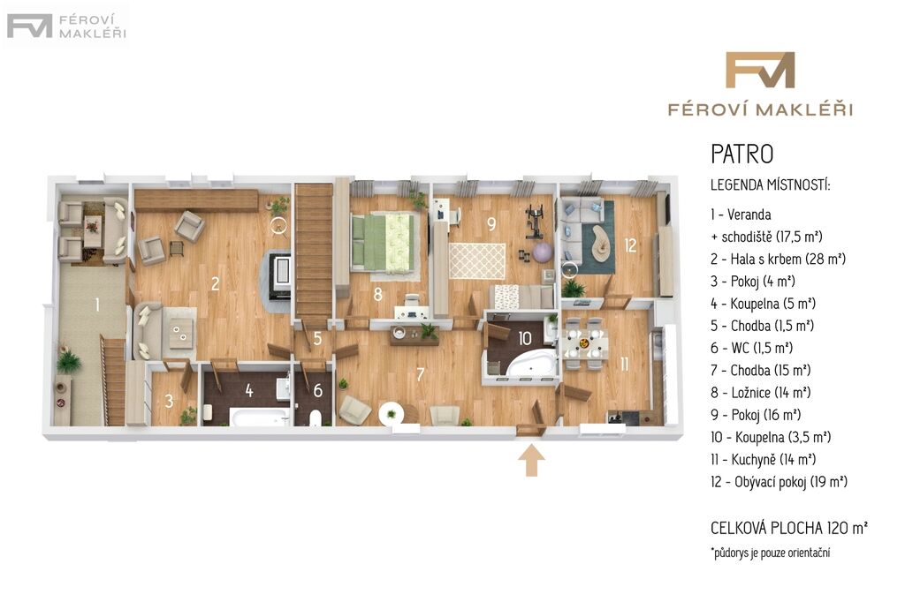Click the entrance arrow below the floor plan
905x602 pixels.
pos(531,462)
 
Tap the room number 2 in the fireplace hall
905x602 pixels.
pos(216,283)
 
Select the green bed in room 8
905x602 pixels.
pos(384,242)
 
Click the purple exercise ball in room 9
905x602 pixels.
pos(542,252)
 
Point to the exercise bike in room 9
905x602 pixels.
pos(535,222)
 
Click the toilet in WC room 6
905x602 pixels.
pos(316,418)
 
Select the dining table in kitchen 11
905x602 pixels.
pos(585,343)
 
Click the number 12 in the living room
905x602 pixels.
pos(629,245)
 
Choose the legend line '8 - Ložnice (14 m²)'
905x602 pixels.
pos(761,393)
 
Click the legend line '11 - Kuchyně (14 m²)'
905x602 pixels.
pos(763,460)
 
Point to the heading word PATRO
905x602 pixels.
pos(741,154)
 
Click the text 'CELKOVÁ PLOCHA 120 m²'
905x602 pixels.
pos(789,528)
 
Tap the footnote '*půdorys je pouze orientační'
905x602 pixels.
pos(771,553)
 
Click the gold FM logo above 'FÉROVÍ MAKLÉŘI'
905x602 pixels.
pos(760,70)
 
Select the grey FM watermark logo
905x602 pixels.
pos(29,26)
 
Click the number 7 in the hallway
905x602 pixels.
pos(420,374)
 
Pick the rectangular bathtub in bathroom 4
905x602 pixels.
pos(260,417)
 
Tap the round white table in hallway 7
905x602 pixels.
pos(392,413)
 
